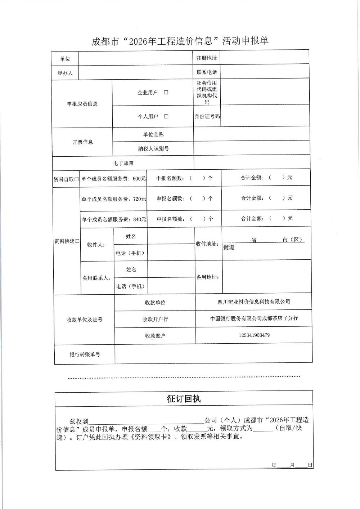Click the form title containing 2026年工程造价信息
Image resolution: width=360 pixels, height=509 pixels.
[180, 41]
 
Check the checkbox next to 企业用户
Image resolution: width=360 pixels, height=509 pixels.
[166, 93]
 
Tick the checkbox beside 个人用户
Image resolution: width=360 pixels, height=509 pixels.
[166, 116]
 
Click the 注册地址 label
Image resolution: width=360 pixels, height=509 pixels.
[207, 58]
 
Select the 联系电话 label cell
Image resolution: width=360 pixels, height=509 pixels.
[207, 72]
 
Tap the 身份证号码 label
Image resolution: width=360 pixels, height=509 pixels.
[207, 116]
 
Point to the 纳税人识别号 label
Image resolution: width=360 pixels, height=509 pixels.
[153, 148]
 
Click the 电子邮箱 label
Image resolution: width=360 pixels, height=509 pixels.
[123, 163]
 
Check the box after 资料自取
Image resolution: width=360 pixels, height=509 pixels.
[77, 179]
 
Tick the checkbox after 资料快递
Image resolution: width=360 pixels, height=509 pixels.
[77, 241]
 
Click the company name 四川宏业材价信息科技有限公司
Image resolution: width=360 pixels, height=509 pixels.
[254, 302]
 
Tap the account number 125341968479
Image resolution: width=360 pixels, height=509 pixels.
[254, 335]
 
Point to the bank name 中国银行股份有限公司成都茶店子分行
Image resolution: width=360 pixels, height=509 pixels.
[254, 318]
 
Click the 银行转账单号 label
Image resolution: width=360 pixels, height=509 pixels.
[85, 354]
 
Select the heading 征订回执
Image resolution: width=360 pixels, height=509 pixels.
[184, 399]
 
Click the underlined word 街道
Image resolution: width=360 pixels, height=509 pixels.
[229, 247]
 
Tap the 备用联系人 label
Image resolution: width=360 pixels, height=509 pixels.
[96, 278]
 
